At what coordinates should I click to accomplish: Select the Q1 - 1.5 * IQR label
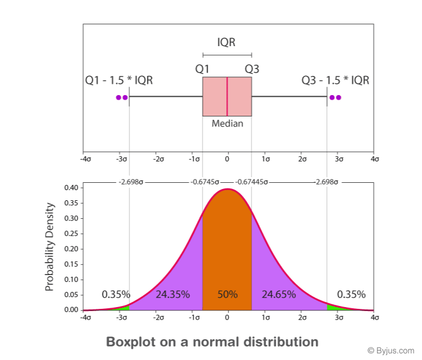click(119, 80)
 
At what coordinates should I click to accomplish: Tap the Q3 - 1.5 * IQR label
click(335, 80)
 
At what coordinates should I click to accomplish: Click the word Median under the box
click(227, 123)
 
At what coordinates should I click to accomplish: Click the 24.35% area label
click(172, 294)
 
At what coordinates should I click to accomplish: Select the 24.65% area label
click(279, 294)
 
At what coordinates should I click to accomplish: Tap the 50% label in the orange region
click(227, 294)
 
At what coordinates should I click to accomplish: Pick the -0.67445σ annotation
click(251, 182)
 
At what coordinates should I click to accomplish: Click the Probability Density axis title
click(50, 246)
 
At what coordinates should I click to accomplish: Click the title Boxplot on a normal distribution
click(212, 341)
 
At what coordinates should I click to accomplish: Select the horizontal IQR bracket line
click(227, 55)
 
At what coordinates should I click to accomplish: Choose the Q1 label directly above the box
click(203, 69)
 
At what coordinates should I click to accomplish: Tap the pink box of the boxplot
click(215, 97)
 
